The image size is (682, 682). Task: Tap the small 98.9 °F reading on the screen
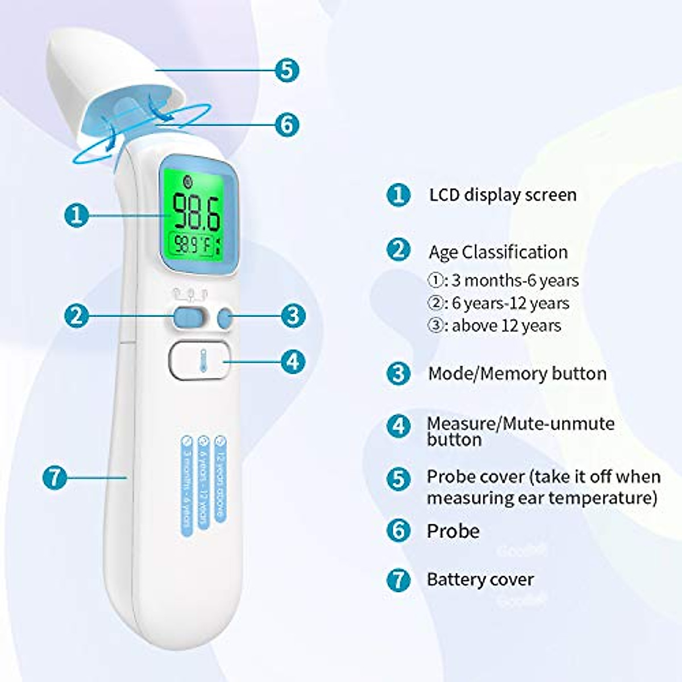194,246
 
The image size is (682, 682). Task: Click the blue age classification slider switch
188,317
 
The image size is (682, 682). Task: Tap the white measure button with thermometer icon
199,360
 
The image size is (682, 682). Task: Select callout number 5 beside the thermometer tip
286,70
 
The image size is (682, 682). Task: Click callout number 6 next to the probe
286,124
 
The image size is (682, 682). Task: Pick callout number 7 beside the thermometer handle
55,477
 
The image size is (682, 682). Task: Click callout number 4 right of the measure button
293,361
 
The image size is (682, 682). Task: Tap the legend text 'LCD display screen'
502,195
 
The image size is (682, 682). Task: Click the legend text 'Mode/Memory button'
517,373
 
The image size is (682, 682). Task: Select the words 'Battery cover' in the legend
480,580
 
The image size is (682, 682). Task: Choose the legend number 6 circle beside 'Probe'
398,531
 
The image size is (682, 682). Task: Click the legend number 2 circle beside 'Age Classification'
398,250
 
